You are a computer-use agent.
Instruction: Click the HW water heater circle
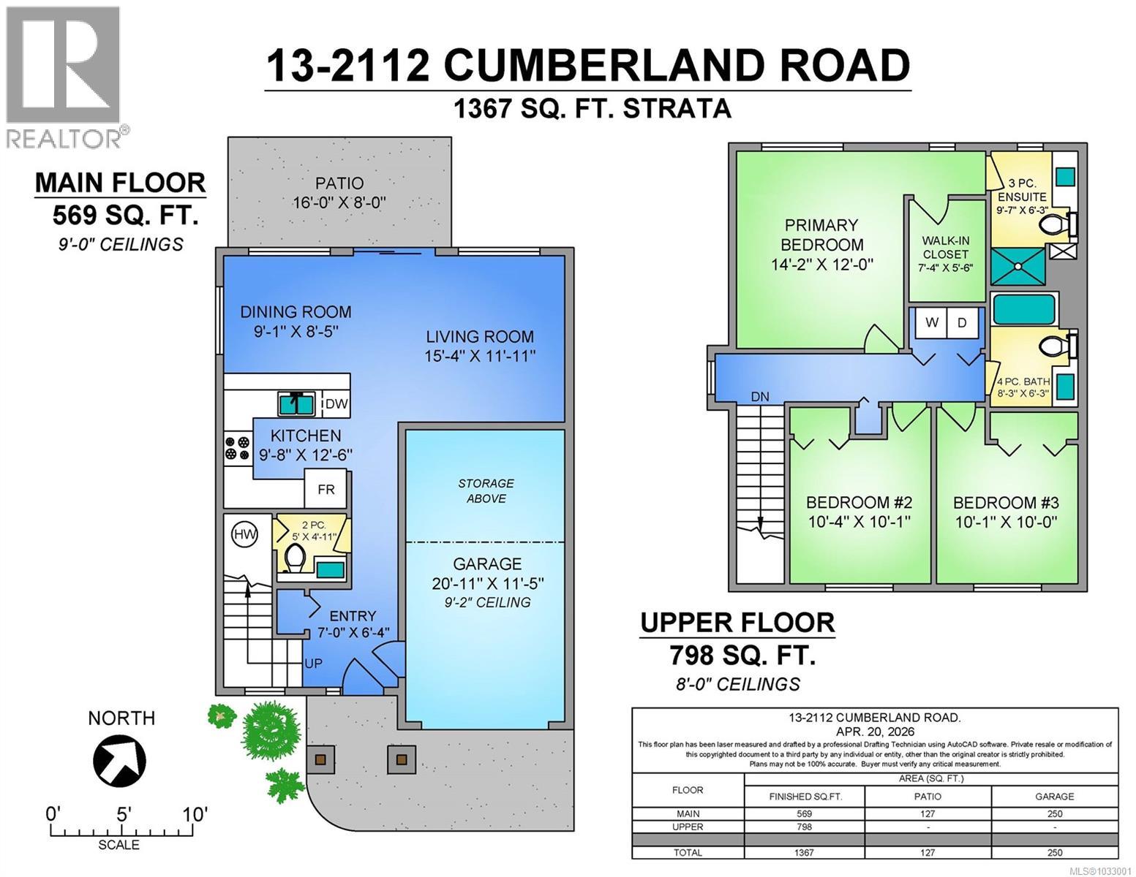tap(245, 535)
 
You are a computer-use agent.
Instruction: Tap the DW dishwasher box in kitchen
tap(336, 404)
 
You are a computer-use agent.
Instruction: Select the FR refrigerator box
tap(326, 490)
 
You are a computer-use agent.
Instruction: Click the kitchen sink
tap(296, 403)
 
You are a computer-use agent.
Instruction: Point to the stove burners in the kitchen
tap(237, 447)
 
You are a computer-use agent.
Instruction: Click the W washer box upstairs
tap(932, 323)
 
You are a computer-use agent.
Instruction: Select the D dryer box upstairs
tap(963, 323)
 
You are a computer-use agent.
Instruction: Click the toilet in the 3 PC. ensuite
tap(1054, 224)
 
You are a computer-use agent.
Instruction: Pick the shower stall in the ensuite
tap(1018, 265)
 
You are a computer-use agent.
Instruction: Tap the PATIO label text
tap(339, 183)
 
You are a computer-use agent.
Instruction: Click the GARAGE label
tap(487, 564)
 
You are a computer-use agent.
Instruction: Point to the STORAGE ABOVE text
tap(486, 491)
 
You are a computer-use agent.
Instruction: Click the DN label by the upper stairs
tap(760, 397)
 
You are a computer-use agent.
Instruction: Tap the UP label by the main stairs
tap(313, 664)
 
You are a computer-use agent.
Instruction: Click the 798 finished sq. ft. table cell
tap(804, 827)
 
